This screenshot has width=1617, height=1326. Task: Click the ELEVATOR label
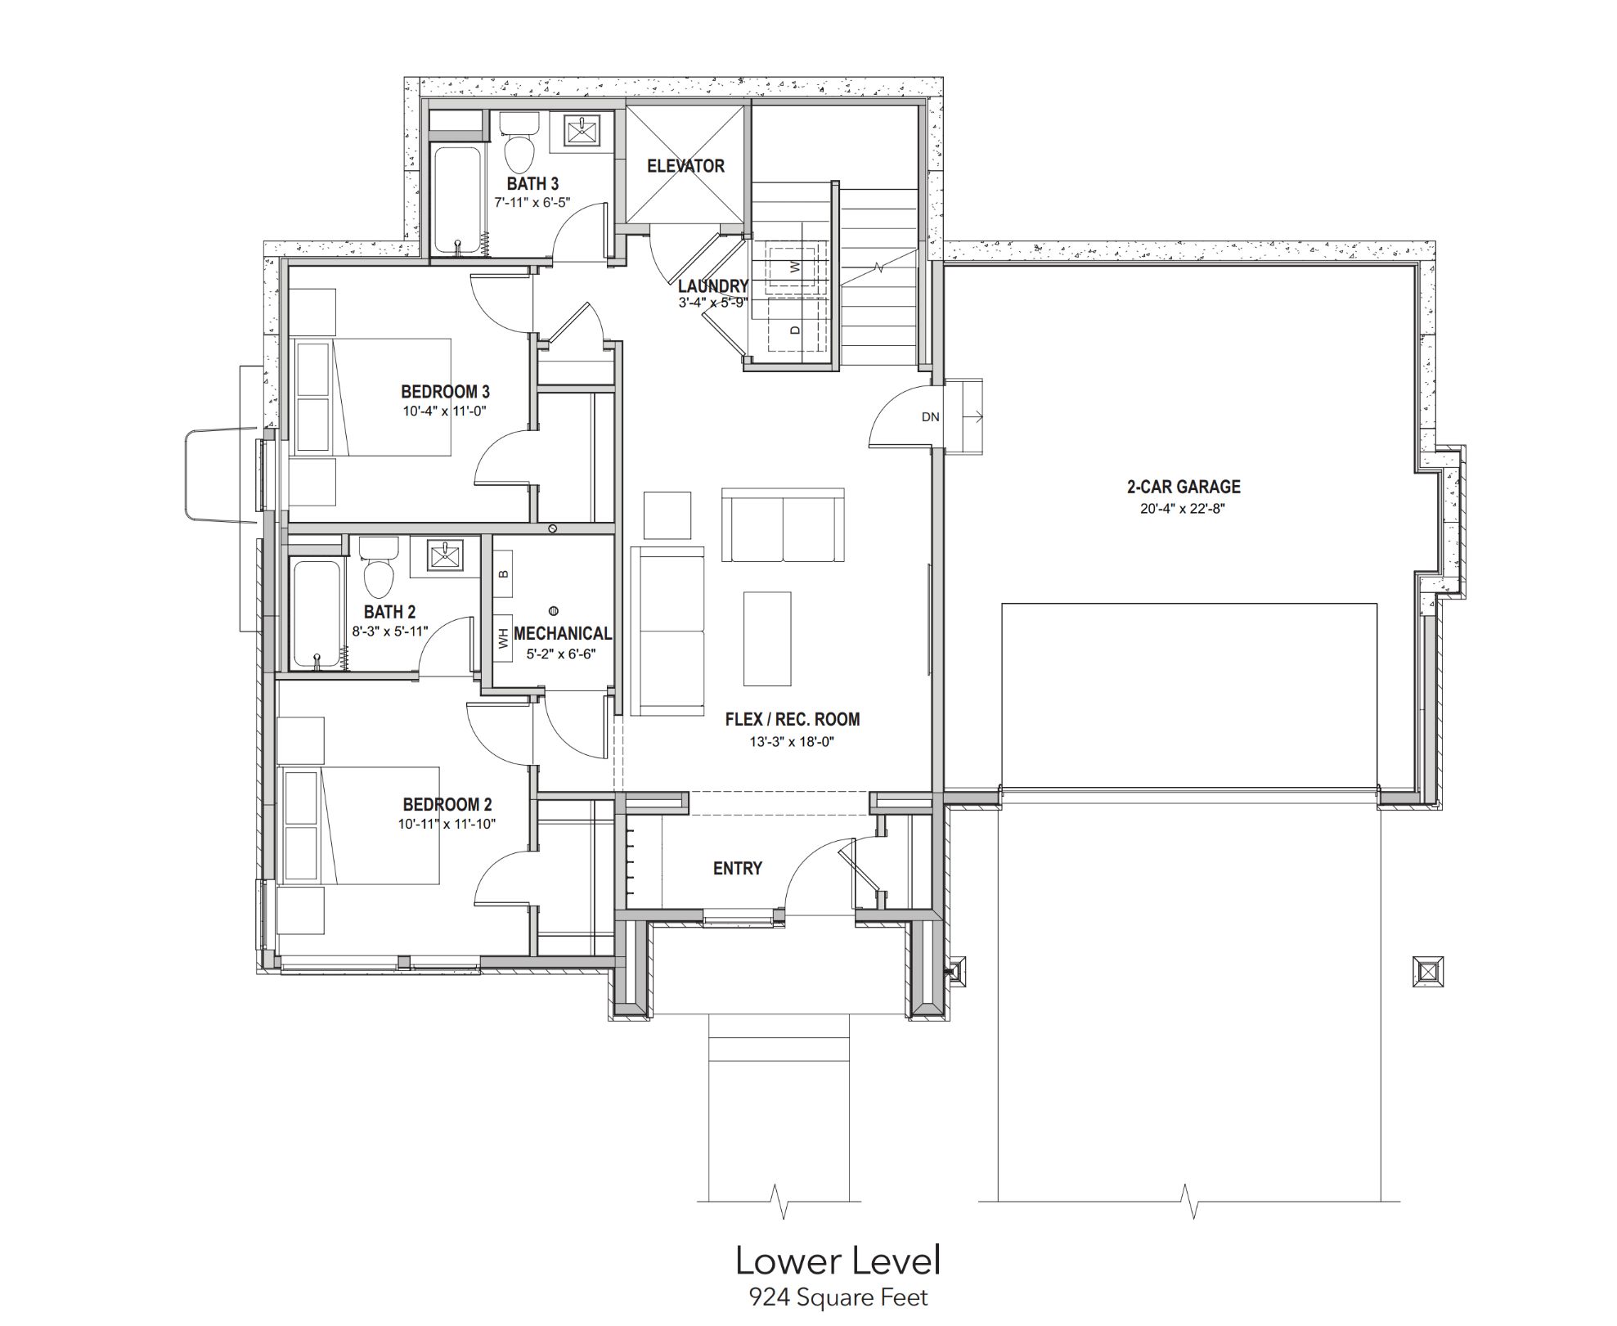(685, 166)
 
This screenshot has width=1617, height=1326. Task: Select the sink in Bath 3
(582, 131)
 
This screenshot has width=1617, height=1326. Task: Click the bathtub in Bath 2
(316, 614)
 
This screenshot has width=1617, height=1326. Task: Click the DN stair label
(931, 417)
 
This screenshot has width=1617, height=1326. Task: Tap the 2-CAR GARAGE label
(1184, 487)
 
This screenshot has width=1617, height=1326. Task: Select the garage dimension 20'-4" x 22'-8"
(1183, 509)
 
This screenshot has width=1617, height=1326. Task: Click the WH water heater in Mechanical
(502, 636)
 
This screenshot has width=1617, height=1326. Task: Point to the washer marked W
(793, 267)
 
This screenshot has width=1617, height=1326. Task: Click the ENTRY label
(738, 869)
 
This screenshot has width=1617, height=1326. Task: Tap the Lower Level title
(838, 1261)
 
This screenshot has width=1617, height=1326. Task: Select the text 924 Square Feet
(838, 1297)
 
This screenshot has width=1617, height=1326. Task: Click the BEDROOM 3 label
(445, 392)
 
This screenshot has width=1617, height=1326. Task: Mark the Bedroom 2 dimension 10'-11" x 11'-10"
(447, 825)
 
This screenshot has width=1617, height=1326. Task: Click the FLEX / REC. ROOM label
(793, 720)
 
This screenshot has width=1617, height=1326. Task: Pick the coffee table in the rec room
(767, 639)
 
